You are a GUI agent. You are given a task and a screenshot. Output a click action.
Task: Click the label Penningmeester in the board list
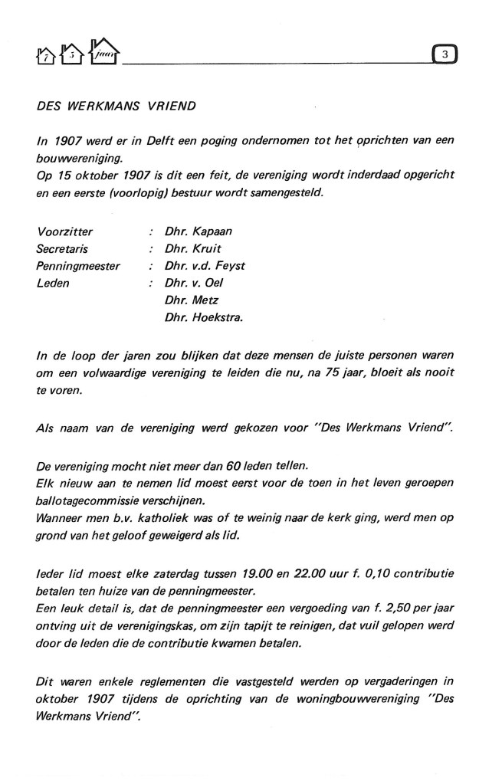78,265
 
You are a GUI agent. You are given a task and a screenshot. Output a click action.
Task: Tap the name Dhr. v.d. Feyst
205,265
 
